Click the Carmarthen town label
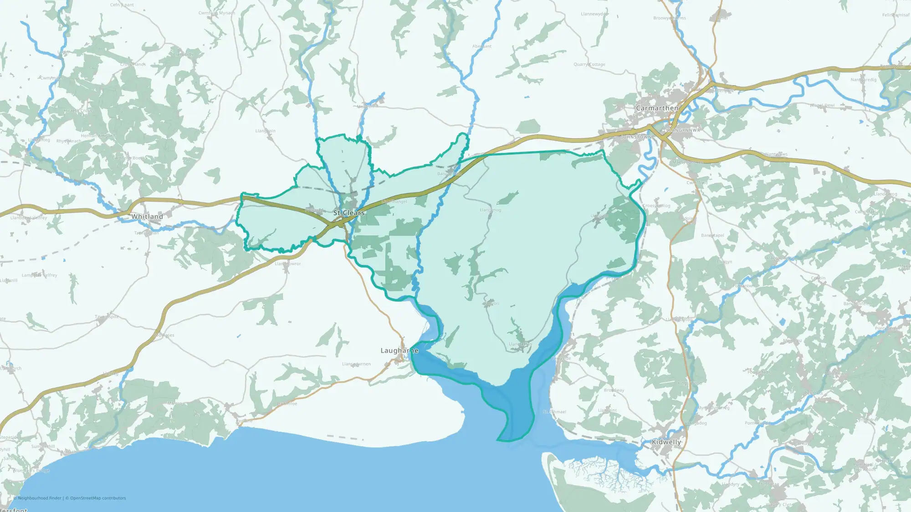[x=657, y=108]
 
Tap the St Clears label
[x=348, y=213]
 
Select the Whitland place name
[x=147, y=217]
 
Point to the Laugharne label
[x=399, y=350]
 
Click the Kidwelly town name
[x=666, y=442]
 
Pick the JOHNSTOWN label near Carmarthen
[x=636, y=137]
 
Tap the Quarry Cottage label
[x=589, y=65]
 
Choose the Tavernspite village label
[x=107, y=317]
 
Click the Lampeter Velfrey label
[x=40, y=275]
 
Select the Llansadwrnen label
[x=356, y=364]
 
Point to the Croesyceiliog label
[x=656, y=206]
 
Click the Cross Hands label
[x=133, y=65]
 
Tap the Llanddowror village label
[x=288, y=264]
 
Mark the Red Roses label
[x=164, y=335]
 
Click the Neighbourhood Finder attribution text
[x=40, y=498]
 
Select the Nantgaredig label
[x=864, y=80]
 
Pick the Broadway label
[x=614, y=390]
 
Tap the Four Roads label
[x=758, y=372]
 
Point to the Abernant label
[x=482, y=46]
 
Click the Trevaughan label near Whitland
[x=147, y=233]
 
